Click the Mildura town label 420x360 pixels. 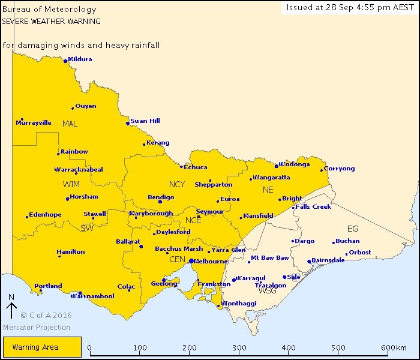tap(80, 59)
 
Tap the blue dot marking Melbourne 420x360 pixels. tap(191, 261)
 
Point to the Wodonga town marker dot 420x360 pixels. tap(276, 166)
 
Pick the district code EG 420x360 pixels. tap(352, 229)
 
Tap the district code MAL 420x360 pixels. tap(70, 124)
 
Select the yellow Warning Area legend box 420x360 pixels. tap(42, 347)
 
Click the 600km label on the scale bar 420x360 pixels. tap(394, 348)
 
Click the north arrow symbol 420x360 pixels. tap(11, 310)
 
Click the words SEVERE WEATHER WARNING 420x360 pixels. tap(51, 21)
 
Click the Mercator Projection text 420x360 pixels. tap(37, 328)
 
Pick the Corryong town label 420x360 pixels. tap(340, 169)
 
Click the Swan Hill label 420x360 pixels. tap(145, 121)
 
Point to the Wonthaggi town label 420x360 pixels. tap(238, 304)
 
